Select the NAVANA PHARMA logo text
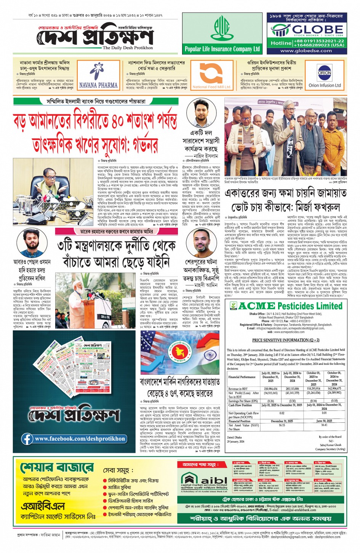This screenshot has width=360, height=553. tap(98, 85)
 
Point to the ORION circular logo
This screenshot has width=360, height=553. tap(324, 72)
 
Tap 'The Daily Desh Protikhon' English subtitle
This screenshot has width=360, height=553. tap(128, 48)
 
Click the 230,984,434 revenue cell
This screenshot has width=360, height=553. tap(270, 389)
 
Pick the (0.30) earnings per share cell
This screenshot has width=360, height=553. tap(292, 401)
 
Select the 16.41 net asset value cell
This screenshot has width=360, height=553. tap(324, 425)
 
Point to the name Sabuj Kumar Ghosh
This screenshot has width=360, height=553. tap(330, 445)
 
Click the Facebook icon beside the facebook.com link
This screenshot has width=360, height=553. tap(27, 439)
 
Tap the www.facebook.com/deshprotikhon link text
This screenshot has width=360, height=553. tap(80, 439)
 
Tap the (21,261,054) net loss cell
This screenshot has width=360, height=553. tap(313, 393)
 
